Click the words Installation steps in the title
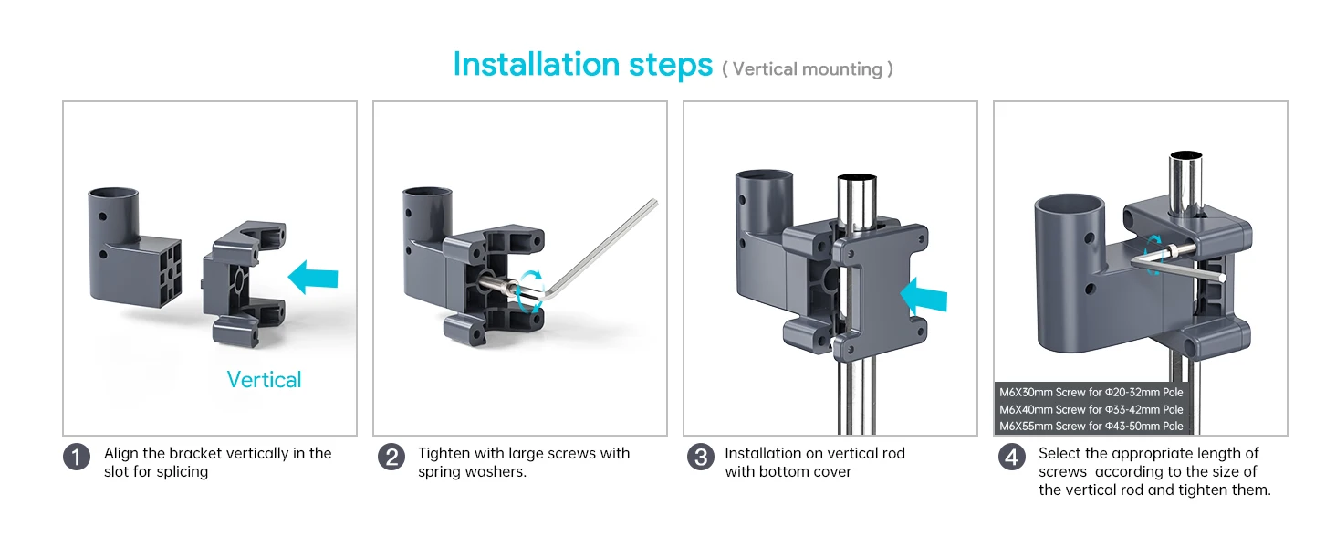click(x=583, y=65)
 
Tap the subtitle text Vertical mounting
click(x=808, y=69)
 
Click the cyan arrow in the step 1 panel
click(x=313, y=277)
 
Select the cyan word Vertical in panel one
click(x=265, y=380)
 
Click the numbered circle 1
click(x=77, y=457)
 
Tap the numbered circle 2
click(x=391, y=457)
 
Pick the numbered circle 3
click(x=701, y=457)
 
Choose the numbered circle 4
click(x=1011, y=457)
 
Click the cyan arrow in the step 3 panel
click(x=924, y=294)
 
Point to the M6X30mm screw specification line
click(x=1091, y=392)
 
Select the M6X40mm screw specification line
click(x=1091, y=409)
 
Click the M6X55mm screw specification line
click(x=1091, y=427)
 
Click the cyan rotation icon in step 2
click(x=529, y=291)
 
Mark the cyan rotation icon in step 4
click(x=1154, y=255)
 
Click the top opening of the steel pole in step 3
click(x=857, y=178)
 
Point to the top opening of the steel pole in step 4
click(x=1185, y=156)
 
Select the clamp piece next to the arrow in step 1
click(x=244, y=283)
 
